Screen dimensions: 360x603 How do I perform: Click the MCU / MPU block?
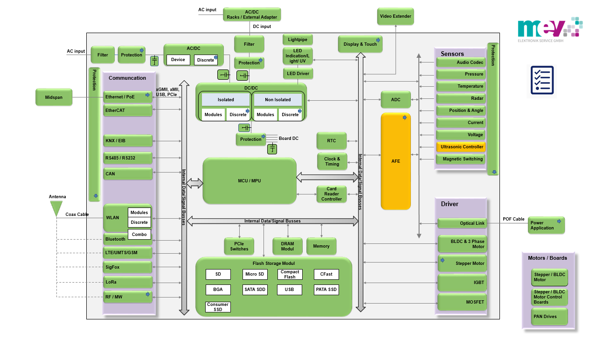[x=250, y=180]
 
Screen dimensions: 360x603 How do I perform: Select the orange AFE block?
[x=395, y=161]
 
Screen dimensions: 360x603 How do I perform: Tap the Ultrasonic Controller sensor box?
[x=461, y=147]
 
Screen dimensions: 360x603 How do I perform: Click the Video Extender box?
[x=395, y=16]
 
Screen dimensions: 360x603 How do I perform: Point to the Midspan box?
[x=54, y=97]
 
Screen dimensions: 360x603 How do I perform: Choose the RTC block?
[x=331, y=140]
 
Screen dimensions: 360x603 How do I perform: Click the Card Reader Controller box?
[x=332, y=194]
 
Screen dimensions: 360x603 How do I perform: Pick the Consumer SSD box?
[x=218, y=307]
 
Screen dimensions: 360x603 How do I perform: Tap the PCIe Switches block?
[x=239, y=246]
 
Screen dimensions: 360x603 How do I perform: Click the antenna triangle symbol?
[x=56, y=208]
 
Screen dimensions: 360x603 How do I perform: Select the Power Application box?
[x=546, y=225]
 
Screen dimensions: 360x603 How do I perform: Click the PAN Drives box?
[x=549, y=317]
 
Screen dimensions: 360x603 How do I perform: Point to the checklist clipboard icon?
[x=542, y=80]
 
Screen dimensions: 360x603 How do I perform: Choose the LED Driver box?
[x=298, y=74]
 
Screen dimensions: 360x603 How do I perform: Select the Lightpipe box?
[x=298, y=40]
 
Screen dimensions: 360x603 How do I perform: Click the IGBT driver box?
[x=462, y=283]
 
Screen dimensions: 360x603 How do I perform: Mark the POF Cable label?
[x=513, y=219]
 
